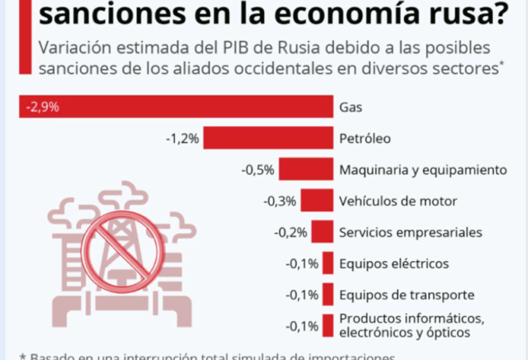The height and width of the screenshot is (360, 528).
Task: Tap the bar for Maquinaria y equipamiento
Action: click(306, 170)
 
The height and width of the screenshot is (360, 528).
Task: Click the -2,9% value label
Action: click(42, 107)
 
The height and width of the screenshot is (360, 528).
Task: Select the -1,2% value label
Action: click(182, 138)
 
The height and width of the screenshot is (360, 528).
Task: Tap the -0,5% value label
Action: click(257, 170)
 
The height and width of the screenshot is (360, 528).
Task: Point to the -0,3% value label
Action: click(279, 200)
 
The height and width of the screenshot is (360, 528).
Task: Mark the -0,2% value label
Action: click(293, 232)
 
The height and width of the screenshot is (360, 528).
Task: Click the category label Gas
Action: click(350, 107)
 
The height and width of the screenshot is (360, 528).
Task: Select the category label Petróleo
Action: click(366, 138)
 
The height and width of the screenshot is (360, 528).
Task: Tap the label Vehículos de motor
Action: click(398, 200)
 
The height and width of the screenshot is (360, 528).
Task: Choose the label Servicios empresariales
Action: click(411, 232)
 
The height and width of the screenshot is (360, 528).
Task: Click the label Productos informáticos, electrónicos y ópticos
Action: click(411, 325)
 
